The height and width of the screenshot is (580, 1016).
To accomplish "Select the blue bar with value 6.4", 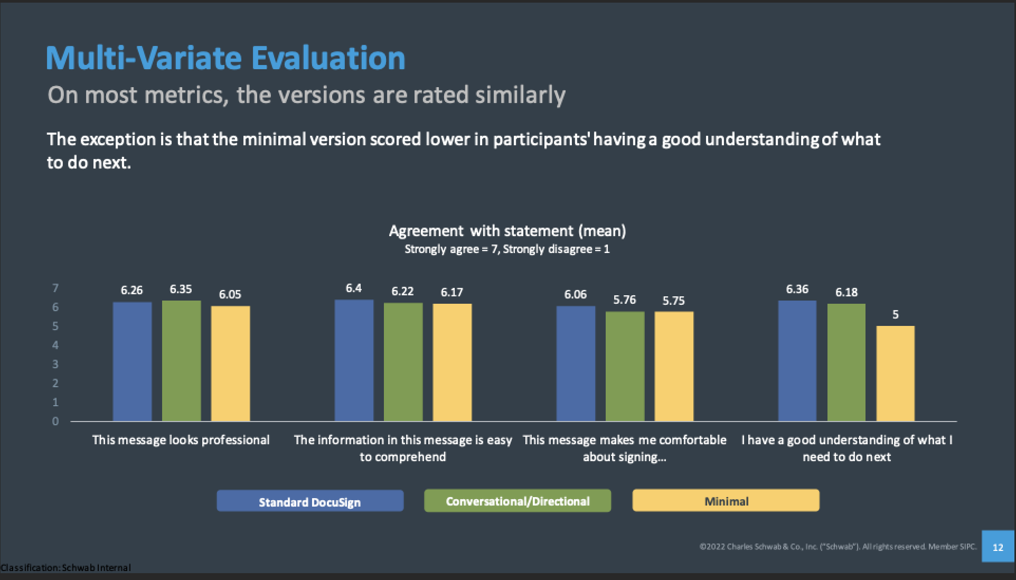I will [354, 360].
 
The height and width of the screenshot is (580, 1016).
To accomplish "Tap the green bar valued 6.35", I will [181, 361].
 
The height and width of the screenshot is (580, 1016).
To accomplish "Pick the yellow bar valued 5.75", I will [674, 366].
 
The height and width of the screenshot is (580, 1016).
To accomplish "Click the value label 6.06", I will [575, 294].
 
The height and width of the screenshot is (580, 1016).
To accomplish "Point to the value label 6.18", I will [846, 292].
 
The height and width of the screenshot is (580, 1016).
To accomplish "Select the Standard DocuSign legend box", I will [310, 501].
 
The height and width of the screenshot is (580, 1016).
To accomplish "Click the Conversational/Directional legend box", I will [518, 501].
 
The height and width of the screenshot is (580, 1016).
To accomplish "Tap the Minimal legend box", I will [726, 501].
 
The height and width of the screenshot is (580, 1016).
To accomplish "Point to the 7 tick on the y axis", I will [55, 288].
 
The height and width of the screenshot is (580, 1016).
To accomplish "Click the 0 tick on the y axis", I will [55, 421].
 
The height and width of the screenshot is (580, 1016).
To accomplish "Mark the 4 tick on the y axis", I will [55, 345].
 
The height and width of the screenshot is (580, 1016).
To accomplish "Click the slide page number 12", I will [998, 547].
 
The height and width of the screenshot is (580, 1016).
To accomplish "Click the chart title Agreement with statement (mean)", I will [507, 231].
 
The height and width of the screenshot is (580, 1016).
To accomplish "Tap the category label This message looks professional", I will [181, 440].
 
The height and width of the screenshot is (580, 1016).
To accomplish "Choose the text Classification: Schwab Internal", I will [65, 568].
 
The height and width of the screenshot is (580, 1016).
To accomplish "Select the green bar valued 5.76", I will [625, 366].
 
